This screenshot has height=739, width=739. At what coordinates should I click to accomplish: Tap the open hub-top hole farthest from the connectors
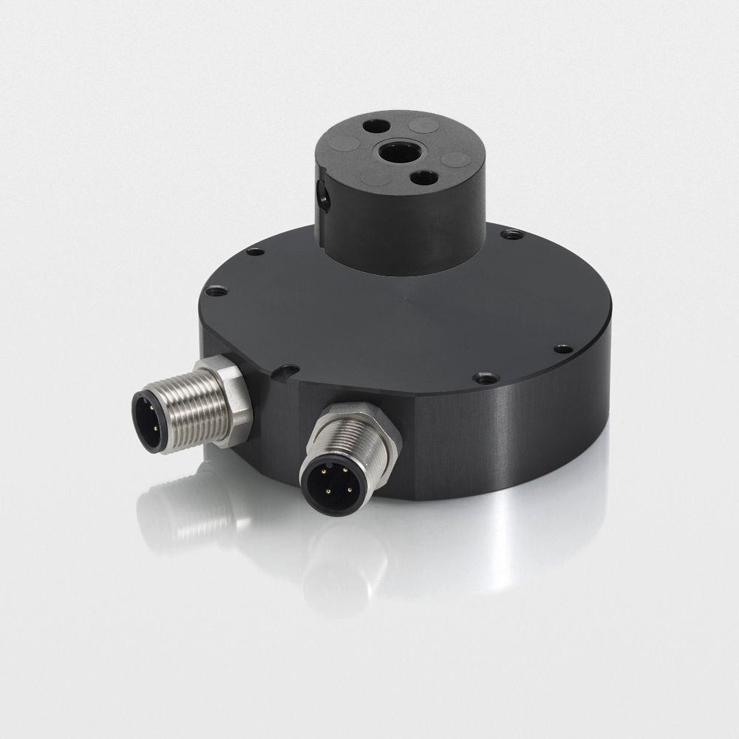[x=375, y=126]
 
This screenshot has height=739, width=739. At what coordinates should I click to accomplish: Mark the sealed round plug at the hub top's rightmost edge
[x=456, y=159]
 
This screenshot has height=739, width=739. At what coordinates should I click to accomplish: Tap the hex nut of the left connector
[x=231, y=400]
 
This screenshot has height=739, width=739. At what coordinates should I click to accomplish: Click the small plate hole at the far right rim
[x=562, y=348]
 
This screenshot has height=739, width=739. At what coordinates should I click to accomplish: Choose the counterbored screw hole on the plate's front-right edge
[x=486, y=378]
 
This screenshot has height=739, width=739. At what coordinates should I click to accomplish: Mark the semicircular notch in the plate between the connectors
[x=285, y=372]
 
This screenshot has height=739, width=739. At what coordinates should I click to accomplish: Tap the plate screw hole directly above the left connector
[x=217, y=292]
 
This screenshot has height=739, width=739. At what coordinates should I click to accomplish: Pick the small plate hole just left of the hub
[x=255, y=252]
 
